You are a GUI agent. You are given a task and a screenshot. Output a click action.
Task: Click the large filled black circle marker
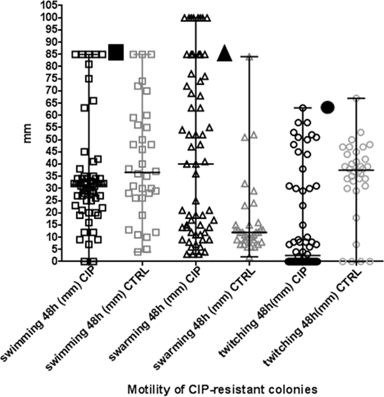pos(328,107)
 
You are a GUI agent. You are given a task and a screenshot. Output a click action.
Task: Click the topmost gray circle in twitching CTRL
pos(356,98)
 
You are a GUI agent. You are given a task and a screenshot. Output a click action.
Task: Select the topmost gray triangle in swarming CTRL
pos(249,57)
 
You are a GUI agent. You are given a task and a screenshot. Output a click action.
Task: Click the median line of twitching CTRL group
pos(356,170)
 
